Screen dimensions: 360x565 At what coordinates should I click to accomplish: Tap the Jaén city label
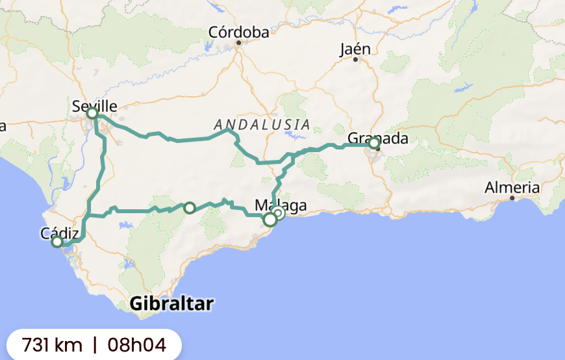tap(355, 49)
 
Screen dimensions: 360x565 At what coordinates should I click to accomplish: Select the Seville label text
tap(95, 106)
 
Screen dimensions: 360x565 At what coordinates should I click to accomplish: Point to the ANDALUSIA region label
tap(262, 124)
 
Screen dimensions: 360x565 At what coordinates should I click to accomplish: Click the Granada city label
tap(378, 138)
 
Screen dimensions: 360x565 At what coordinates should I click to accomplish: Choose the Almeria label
tap(512, 188)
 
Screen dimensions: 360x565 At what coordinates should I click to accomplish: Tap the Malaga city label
tap(281, 205)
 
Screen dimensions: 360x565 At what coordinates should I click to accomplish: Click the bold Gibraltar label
tap(171, 303)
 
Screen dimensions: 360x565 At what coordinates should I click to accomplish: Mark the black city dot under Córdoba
tap(238, 43)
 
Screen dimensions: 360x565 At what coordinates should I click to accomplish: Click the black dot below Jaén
tap(355, 60)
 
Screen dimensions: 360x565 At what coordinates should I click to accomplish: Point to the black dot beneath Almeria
tap(512, 198)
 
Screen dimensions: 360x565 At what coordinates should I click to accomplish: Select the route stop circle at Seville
tap(92, 114)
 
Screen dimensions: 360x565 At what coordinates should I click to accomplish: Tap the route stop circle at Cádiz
tap(57, 242)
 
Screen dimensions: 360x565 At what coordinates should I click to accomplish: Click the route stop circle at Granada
tap(373, 143)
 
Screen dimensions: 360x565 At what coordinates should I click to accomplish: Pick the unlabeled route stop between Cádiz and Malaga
tap(189, 208)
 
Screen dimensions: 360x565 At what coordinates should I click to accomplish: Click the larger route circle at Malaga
tap(270, 220)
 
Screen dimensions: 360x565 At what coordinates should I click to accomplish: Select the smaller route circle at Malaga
tap(278, 213)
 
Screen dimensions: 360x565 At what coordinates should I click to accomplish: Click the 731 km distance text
tap(52, 344)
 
